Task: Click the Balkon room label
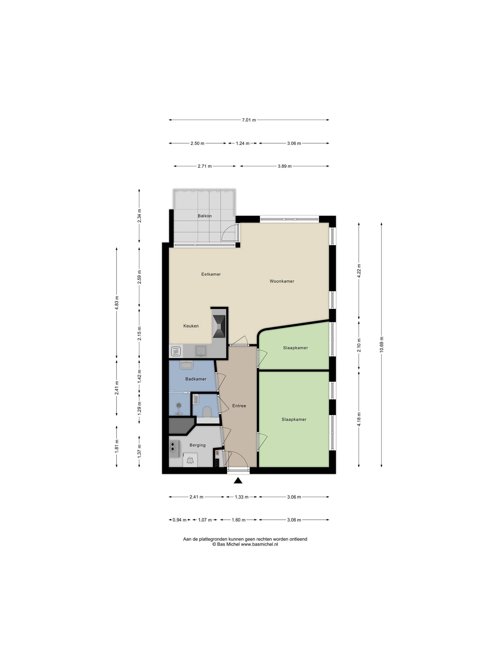[204, 216]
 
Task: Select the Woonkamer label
[282, 281]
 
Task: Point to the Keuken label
[191, 326]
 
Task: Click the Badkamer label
[196, 379]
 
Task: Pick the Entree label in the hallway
[239, 406]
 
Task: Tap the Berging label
[198, 445]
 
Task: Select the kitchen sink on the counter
[200, 351]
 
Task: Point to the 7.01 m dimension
[249, 120]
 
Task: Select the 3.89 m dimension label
[285, 166]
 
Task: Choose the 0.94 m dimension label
[179, 520]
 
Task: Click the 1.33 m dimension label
[241, 497]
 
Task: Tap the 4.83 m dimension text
[117, 303]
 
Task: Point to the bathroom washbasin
[187, 365]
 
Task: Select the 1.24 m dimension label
[243, 143]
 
